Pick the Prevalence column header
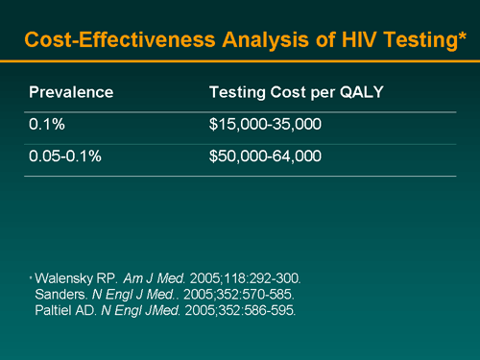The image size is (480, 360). click(x=71, y=93)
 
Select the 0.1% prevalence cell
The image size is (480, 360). click(x=44, y=125)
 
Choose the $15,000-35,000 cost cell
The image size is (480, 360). click(x=264, y=125)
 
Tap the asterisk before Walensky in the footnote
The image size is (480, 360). click(x=31, y=276)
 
